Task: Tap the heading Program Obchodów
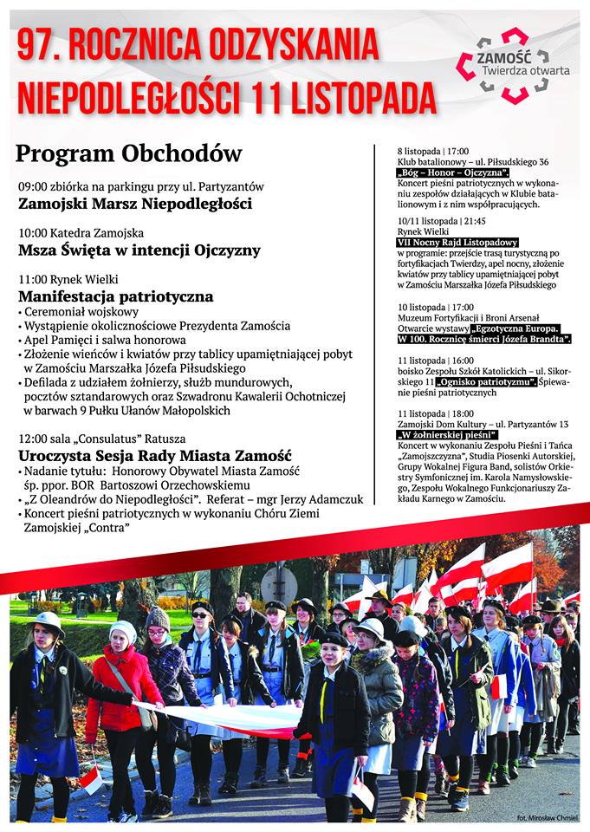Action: pos(129,153)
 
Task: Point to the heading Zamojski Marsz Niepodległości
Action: pos(135,205)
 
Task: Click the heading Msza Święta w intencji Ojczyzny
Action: pos(139,250)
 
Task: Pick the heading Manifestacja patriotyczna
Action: pos(115,296)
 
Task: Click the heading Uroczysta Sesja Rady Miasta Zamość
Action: pos(155,456)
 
